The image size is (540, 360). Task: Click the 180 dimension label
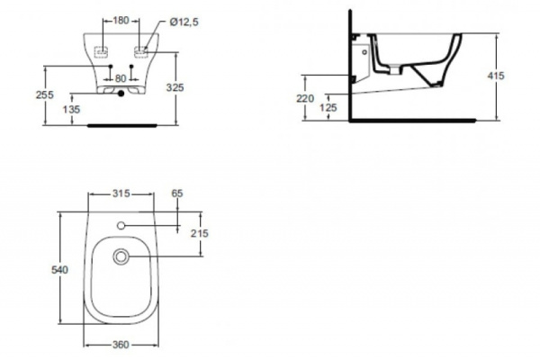(121, 19)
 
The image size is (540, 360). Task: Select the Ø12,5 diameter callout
(168, 19)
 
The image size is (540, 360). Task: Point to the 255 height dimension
(56, 94)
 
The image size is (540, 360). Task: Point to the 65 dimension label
(176, 193)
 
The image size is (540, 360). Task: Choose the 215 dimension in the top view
(199, 233)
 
